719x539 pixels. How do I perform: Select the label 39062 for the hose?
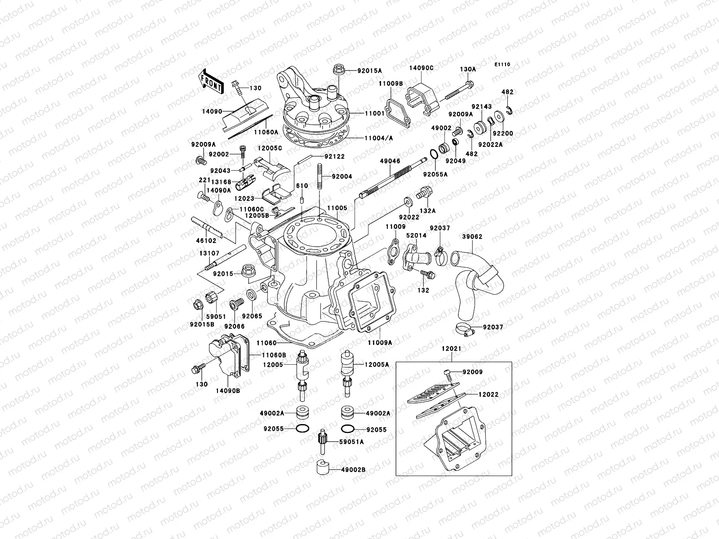click(471, 237)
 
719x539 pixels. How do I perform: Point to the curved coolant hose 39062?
click(476, 278)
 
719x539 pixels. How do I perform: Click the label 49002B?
click(353, 469)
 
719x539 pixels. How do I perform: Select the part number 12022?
click(488, 394)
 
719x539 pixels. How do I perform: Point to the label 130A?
click(467, 69)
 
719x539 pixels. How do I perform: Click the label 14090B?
click(228, 391)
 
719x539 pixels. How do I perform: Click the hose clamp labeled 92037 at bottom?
click(462, 329)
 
